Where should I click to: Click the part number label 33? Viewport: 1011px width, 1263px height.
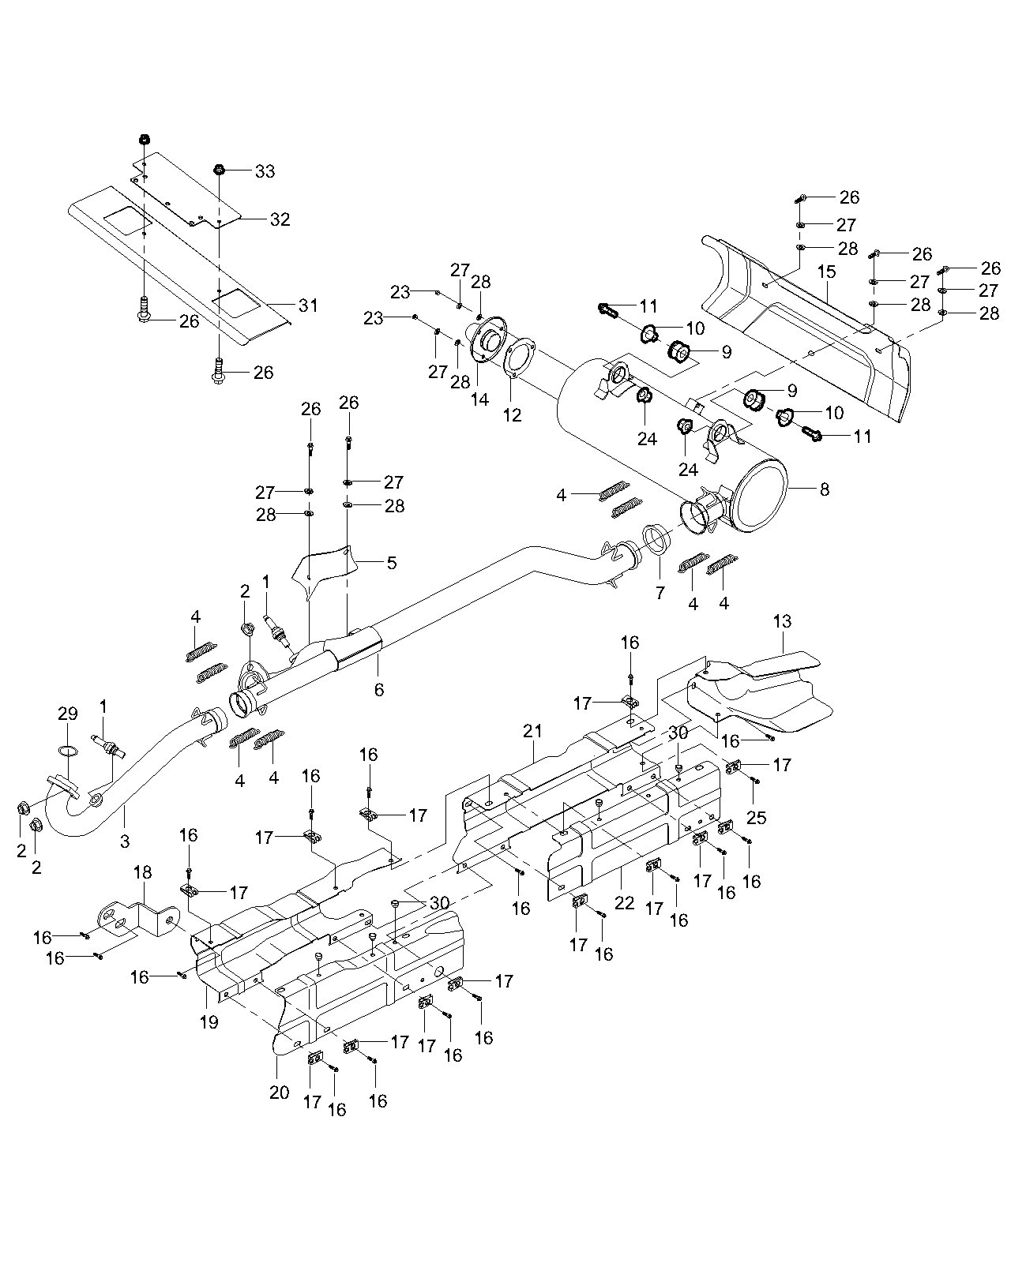tap(265, 171)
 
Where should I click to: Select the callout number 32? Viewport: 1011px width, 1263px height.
tap(280, 220)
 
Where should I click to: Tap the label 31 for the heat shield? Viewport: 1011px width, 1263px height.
tap(307, 305)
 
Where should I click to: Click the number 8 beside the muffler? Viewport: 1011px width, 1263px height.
tap(825, 489)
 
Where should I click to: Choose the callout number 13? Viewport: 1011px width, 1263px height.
tap(782, 622)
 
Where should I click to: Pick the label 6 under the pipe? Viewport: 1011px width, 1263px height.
tap(379, 690)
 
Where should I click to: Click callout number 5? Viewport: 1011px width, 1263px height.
tap(392, 564)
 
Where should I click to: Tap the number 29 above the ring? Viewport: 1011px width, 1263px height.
tap(68, 714)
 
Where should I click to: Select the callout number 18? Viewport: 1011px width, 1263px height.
tap(142, 872)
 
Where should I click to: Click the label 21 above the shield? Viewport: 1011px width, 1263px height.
tap(532, 732)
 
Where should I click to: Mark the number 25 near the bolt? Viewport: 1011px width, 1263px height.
tap(756, 818)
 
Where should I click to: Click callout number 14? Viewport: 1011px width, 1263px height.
tap(480, 399)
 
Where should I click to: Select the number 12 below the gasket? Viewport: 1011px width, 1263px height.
tap(513, 414)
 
